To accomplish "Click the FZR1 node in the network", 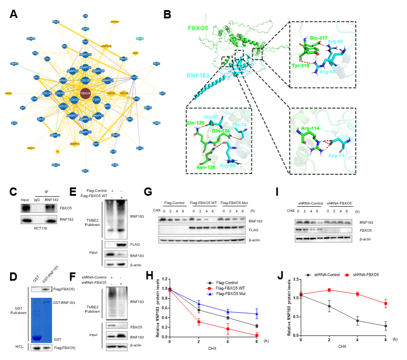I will [97, 100].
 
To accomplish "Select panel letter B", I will [167, 14].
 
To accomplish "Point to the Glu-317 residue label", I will [319, 38].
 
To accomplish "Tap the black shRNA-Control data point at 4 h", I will [358, 321].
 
